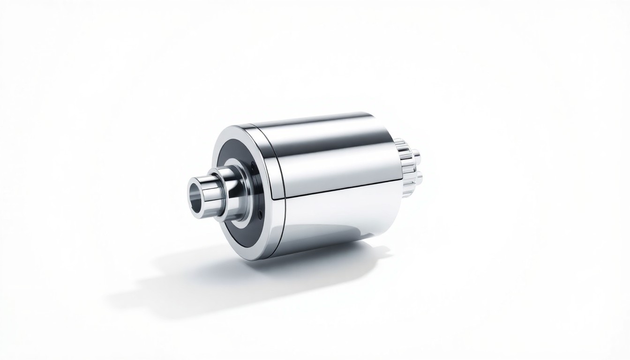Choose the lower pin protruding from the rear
[x=419, y=177]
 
